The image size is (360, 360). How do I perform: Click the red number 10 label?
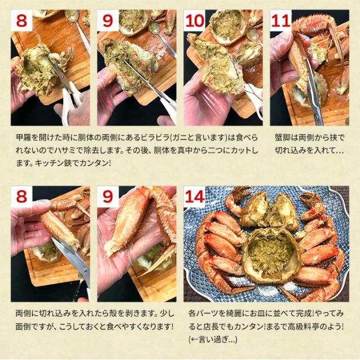pyautogui.click(x=195, y=21)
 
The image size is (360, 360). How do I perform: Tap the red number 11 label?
pyautogui.click(x=281, y=21)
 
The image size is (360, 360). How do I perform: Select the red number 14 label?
pyautogui.click(x=195, y=197)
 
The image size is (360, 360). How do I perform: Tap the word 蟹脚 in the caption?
pyautogui.click(x=282, y=138)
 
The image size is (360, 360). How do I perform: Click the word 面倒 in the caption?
pyautogui.click(x=22, y=326)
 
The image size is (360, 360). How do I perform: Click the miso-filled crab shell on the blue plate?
pyautogui.click(x=271, y=253)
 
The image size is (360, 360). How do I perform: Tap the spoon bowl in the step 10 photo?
pyautogui.click(x=253, y=34)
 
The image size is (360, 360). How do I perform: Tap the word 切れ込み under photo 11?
pyautogui.click(x=291, y=151)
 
